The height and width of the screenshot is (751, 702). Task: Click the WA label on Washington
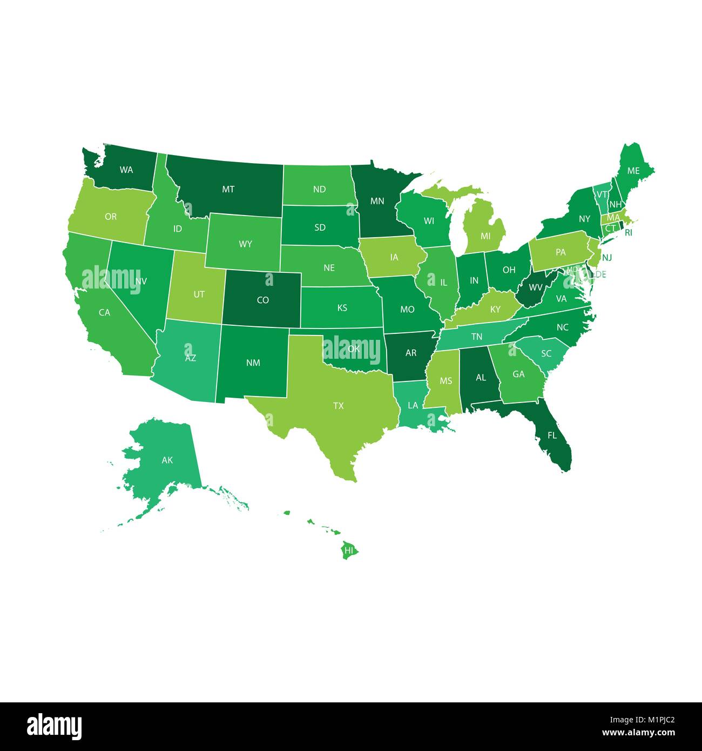126,170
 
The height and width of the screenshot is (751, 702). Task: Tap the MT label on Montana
228,189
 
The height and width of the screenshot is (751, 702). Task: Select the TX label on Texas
338,405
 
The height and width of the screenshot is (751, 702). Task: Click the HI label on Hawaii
349,551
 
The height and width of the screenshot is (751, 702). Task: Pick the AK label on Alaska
167,460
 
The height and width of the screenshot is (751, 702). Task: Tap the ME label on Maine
633,171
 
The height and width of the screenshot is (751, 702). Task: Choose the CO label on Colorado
262,300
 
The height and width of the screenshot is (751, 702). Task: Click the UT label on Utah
199,294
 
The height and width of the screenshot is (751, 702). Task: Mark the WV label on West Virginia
535,287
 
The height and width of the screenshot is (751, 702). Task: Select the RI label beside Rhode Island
628,233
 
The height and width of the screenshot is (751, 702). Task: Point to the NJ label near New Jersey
607,257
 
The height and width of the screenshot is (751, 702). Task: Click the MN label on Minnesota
377,201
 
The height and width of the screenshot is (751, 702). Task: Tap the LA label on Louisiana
413,405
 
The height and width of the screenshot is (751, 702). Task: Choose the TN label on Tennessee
476,337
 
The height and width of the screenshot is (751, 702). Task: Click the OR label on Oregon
111,217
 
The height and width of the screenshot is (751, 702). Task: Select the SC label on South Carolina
546,353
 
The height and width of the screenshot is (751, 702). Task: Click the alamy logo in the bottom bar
55,726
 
